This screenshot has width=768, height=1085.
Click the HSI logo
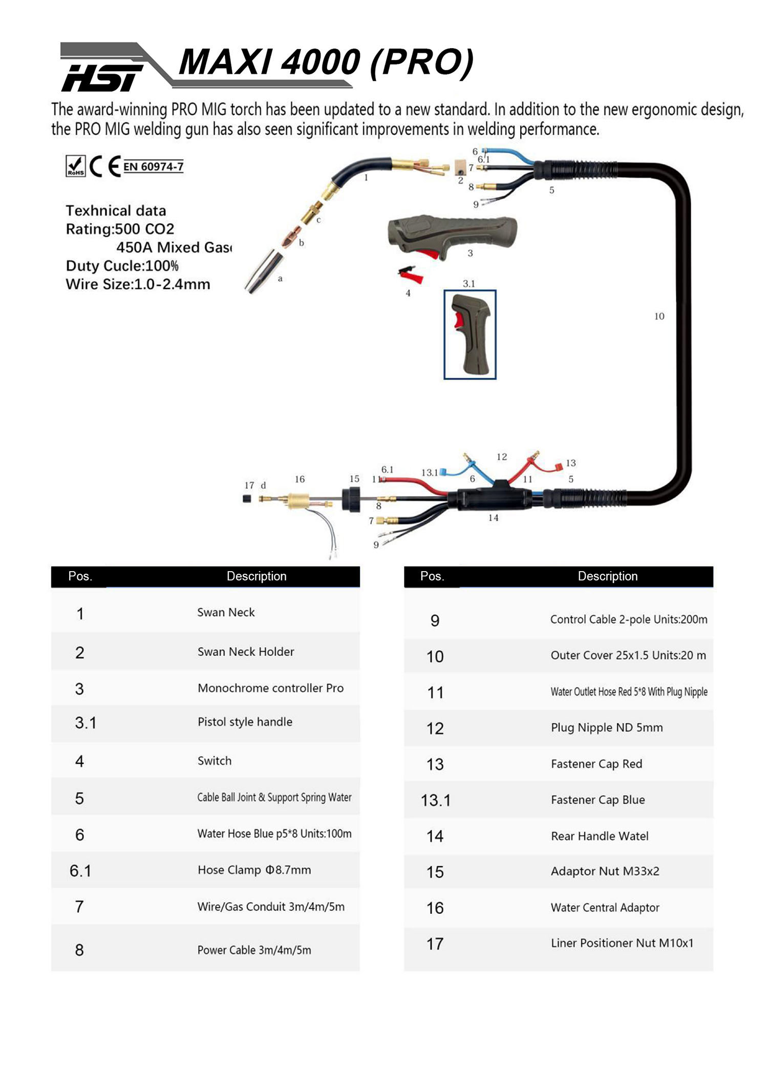tap(102, 77)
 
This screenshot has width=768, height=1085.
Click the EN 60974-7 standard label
tap(153, 166)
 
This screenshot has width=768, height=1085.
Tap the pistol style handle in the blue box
tap(470, 335)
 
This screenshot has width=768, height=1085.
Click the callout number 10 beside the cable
tap(659, 317)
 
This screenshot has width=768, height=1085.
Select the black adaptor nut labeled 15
tap(351, 498)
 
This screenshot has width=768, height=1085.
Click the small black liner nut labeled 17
tap(247, 498)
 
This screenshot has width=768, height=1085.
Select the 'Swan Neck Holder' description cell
tap(246, 652)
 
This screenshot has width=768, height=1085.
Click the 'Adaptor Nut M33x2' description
tap(605, 871)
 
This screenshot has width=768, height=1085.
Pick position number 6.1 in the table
tap(80, 871)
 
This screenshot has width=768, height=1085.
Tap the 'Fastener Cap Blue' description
tap(598, 800)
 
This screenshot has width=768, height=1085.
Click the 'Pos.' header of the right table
tap(432, 576)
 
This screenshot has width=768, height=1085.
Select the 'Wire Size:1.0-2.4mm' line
tap(138, 284)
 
